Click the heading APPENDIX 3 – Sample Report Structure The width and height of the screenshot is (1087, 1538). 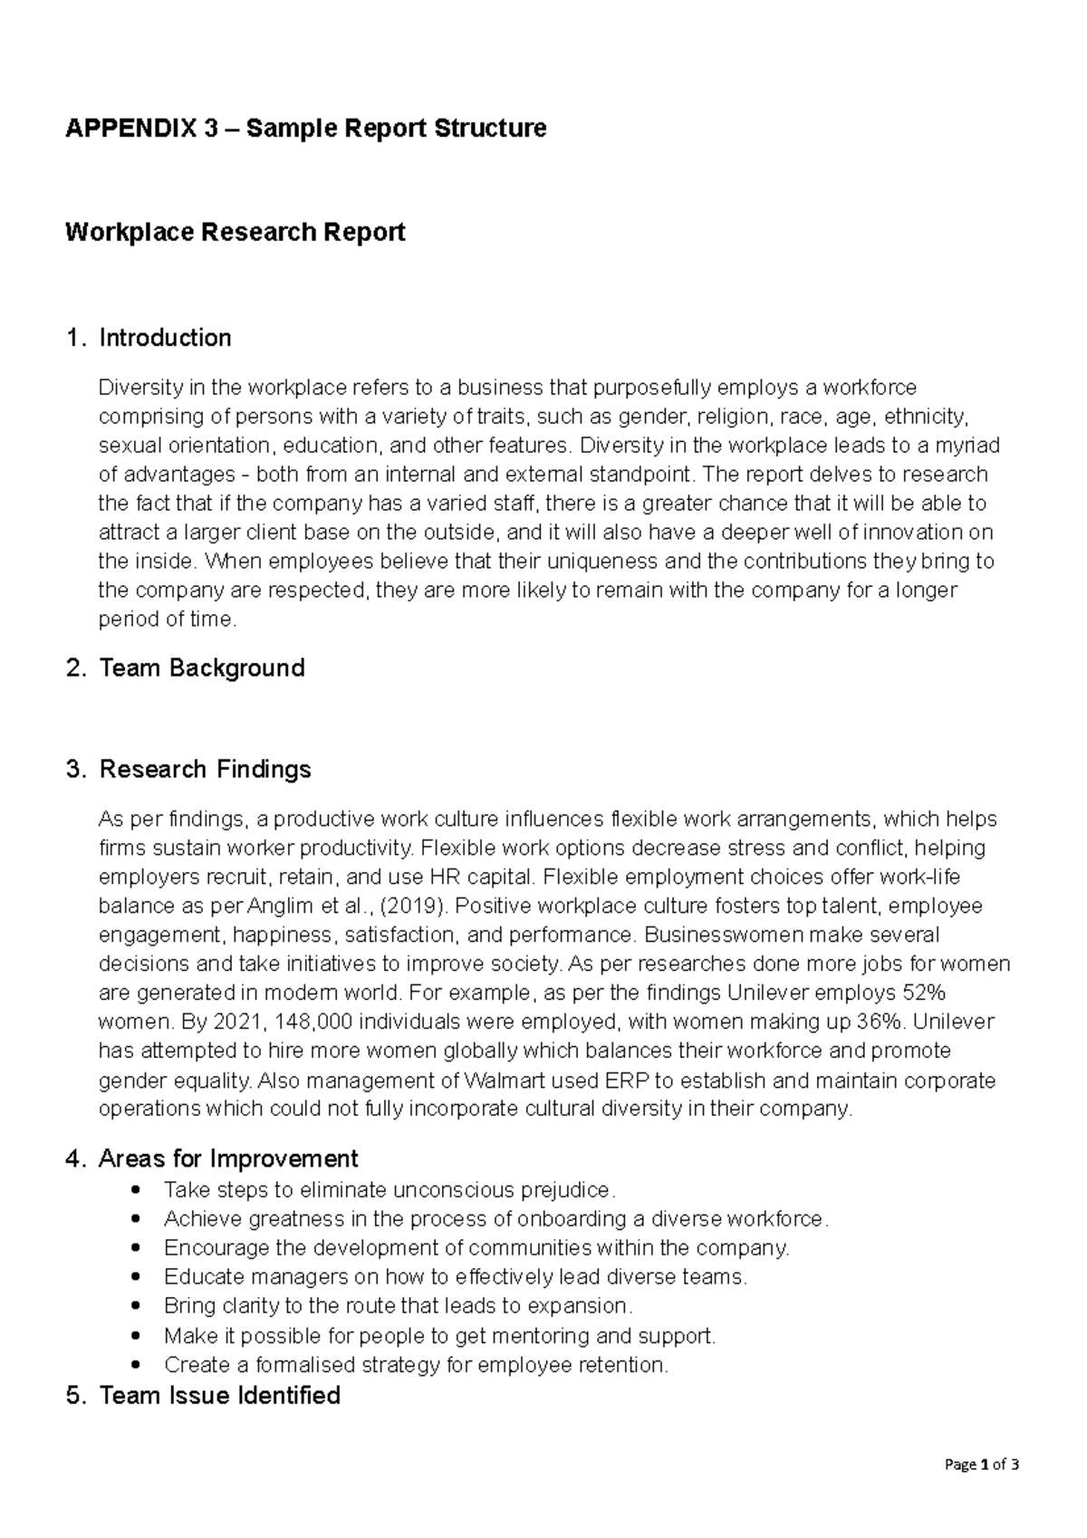pyautogui.click(x=305, y=128)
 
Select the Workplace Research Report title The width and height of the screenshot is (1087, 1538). pyautogui.click(x=235, y=233)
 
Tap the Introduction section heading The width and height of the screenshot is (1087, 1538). pyautogui.click(x=165, y=338)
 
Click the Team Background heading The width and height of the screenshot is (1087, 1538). pyautogui.click(x=201, y=668)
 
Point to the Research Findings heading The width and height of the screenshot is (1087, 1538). pyautogui.click(x=205, y=770)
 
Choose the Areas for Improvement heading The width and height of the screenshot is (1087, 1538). pyautogui.click(x=227, y=1158)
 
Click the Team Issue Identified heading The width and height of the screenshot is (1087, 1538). pyautogui.click(x=219, y=1395)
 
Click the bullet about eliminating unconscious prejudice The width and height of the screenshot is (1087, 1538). pyautogui.click(x=390, y=1189)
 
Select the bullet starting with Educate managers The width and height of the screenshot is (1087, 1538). pyautogui.click(x=456, y=1277)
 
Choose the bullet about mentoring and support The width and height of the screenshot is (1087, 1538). pyautogui.click(x=439, y=1335)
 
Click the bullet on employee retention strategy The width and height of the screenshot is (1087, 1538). pyautogui.click(x=416, y=1364)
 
